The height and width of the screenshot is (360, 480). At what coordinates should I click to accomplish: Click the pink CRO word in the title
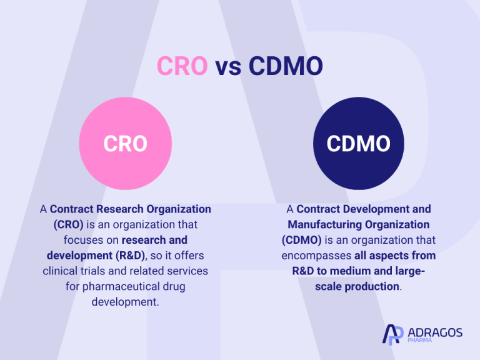182,66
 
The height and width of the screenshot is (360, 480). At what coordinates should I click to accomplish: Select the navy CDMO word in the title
286,66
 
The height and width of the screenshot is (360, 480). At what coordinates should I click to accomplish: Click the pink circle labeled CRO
125,144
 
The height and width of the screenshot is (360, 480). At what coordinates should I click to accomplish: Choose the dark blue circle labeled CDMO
358,144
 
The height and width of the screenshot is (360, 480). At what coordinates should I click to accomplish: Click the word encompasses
315,256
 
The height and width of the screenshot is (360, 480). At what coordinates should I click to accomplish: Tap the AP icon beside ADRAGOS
392,334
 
